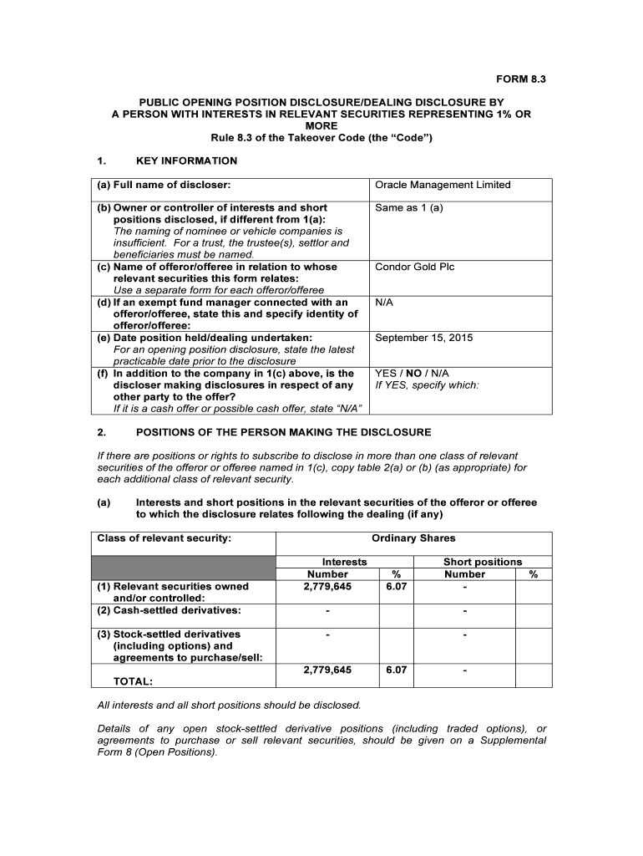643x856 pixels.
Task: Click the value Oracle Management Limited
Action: point(443,185)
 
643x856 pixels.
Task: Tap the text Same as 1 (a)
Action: point(409,207)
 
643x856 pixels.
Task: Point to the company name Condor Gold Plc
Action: point(415,267)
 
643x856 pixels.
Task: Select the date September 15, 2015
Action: point(424,338)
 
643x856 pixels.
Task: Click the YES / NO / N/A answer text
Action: point(413,373)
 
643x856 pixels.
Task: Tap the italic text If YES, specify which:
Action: point(427,385)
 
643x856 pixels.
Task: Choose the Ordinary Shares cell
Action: point(413,538)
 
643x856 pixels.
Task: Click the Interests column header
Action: point(344,562)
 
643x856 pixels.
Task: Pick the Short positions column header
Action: point(482,562)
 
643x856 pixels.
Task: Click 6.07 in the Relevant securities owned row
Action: point(396,587)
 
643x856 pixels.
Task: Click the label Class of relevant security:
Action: point(165,538)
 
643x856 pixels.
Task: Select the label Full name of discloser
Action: point(164,185)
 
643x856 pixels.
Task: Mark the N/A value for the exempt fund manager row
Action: point(384,302)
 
